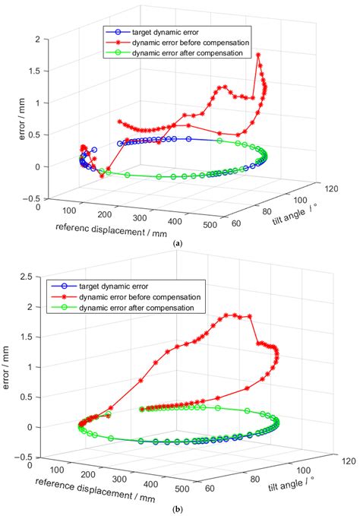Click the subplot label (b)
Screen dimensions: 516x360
tap(178, 508)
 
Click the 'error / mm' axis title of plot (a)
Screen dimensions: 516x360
tap(11, 118)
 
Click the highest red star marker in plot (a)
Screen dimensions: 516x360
tap(258, 55)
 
